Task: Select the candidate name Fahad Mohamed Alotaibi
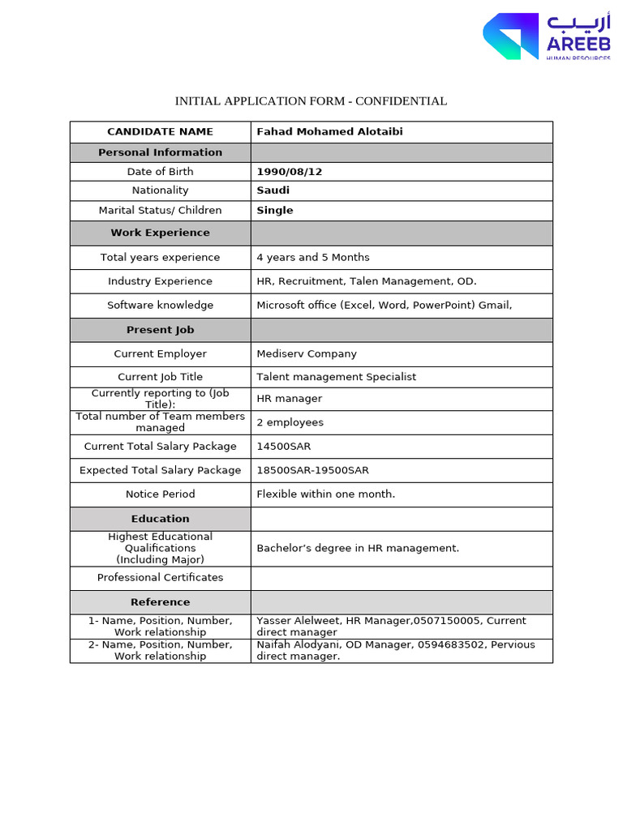pos(329,132)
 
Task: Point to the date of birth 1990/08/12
pos(284,172)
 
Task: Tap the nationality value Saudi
pos(273,190)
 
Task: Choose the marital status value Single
pos(275,211)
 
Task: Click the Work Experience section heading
pos(160,233)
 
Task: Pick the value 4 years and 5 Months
pos(312,258)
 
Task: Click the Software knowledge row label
pos(160,306)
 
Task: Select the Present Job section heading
pos(160,331)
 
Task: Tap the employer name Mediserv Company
pos(307,354)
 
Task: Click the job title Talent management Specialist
pos(336,377)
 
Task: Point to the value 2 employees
pos(290,422)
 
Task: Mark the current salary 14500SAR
pos(283,447)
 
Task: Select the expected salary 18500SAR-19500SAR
pos(312,471)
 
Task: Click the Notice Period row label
pos(160,494)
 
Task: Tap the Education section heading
pos(160,520)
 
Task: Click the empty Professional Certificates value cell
pos(402,578)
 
